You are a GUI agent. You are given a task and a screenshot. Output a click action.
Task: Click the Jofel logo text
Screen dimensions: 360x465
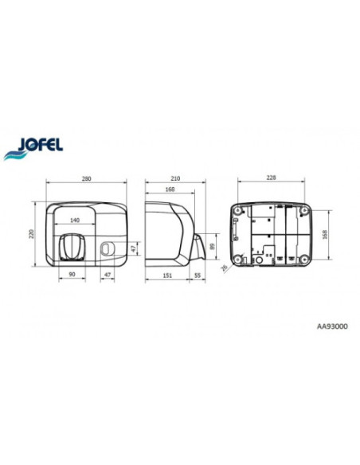[41, 145]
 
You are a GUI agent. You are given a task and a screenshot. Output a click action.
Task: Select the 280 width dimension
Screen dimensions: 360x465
[86, 179]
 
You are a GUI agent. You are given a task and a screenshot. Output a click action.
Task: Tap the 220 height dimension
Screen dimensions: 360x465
[32, 234]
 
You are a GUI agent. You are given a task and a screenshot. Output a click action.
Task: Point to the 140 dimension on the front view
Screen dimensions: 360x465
[75, 220]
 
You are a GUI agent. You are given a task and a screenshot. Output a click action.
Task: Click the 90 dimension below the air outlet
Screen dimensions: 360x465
[72, 275]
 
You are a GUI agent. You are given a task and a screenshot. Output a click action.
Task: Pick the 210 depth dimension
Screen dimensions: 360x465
[175, 178]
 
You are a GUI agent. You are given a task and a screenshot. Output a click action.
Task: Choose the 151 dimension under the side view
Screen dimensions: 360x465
[167, 275]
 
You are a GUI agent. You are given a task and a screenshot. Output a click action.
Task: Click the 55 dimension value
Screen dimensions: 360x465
[198, 275]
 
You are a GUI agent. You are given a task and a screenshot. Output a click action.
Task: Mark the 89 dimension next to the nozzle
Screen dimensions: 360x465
[212, 247]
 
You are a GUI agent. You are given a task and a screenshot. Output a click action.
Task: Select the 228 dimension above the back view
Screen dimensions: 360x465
[271, 178]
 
